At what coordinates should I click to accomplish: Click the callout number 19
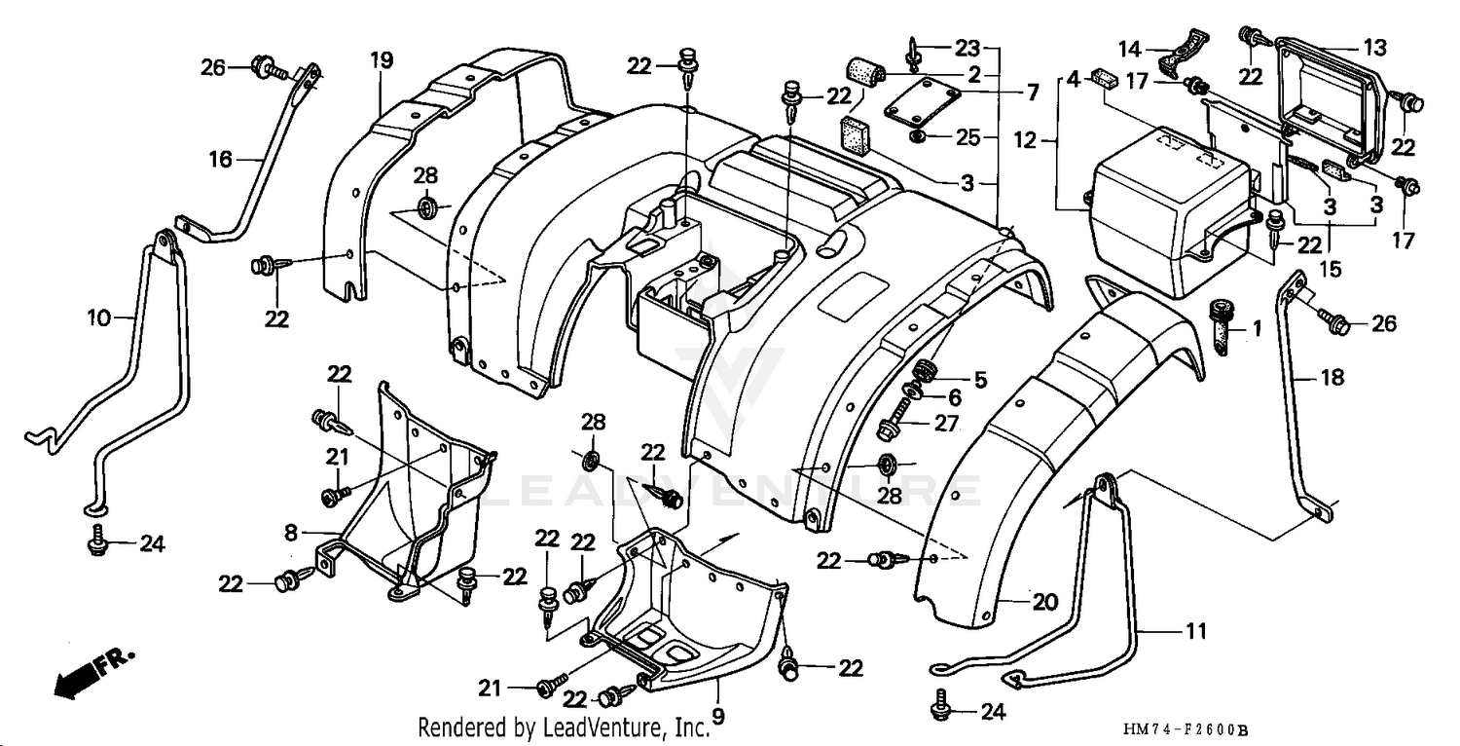pyautogui.click(x=381, y=60)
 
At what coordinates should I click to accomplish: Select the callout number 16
pyautogui.click(x=221, y=158)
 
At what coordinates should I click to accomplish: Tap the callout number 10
pyautogui.click(x=99, y=317)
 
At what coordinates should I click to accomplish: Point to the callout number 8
pyautogui.click(x=290, y=533)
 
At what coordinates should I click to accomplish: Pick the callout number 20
pyautogui.click(x=1043, y=603)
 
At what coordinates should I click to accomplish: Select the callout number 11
pyautogui.click(x=1195, y=632)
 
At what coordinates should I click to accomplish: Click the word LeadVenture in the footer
pyautogui.click(x=604, y=727)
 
